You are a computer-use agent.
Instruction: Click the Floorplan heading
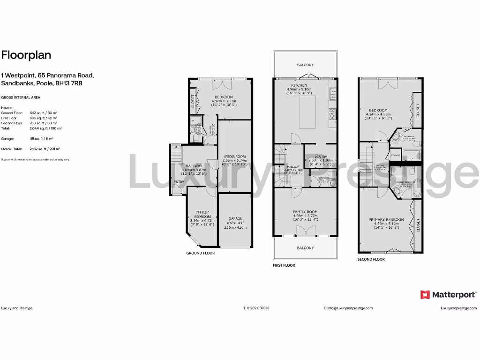point(26,55)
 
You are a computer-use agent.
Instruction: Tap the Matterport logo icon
point(425,294)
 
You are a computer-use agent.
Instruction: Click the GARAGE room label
point(235,218)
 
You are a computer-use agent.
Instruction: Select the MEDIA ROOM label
point(234,157)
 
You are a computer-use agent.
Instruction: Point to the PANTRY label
point(321,157)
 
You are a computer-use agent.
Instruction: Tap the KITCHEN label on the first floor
point(299,85)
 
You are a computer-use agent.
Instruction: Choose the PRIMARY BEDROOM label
point(386,219)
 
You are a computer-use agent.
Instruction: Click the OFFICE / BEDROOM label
point(202,214)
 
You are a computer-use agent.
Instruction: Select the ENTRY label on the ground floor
point(179,182)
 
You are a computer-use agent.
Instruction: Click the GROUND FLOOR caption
point(200,253)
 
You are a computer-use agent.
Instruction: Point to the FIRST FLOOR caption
point(284,265)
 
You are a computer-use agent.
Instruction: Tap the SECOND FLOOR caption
point(371,259)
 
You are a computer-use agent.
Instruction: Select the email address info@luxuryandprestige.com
point(348,308)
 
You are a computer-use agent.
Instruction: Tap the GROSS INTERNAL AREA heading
point(20,97)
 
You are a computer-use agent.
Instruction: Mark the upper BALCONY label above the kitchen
point(305,65)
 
